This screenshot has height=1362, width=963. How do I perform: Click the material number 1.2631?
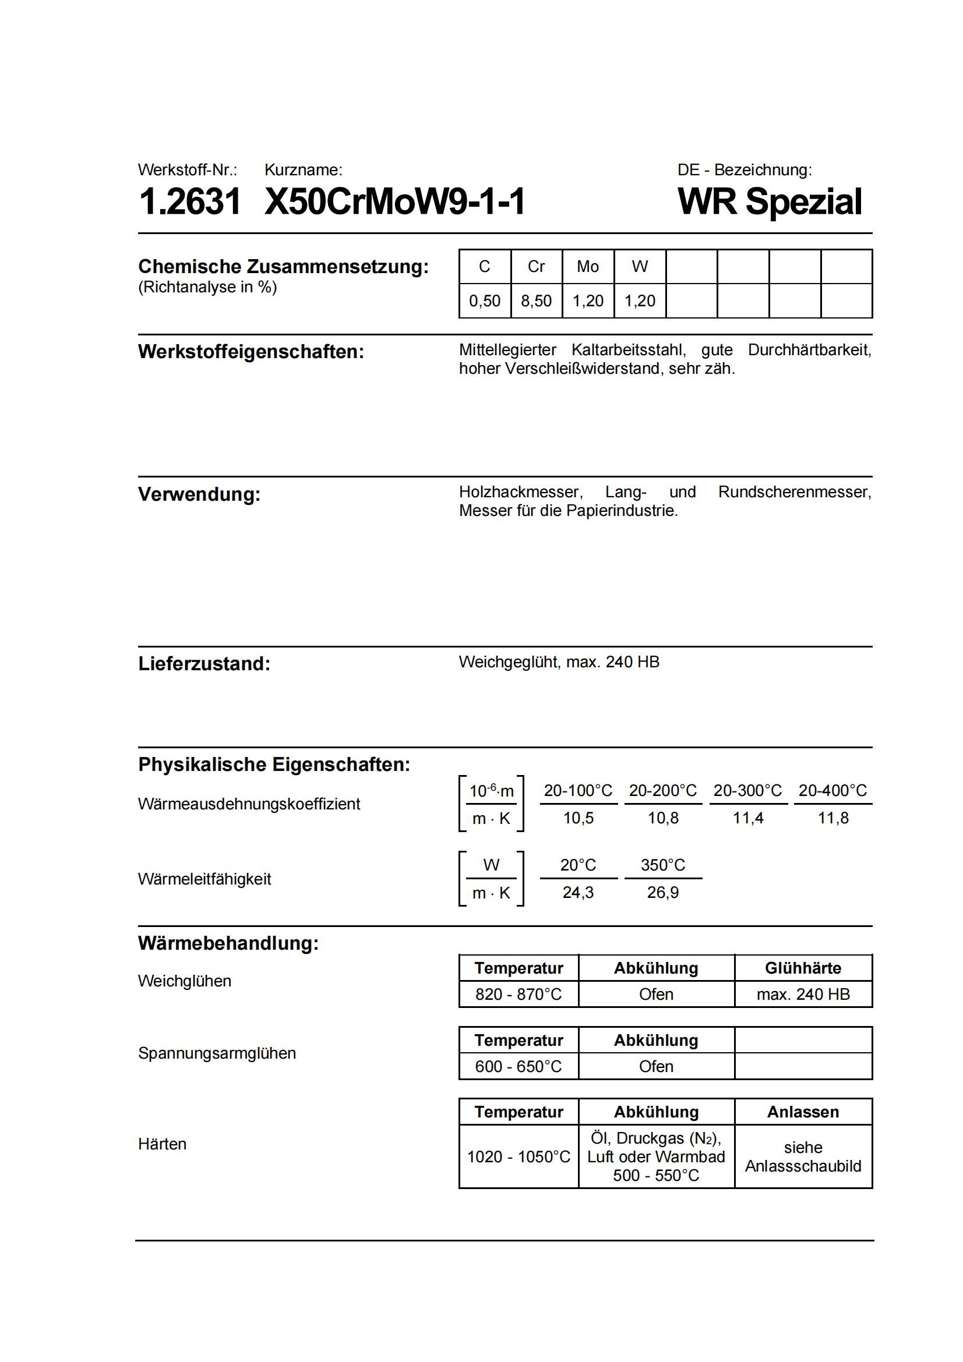point(190,201)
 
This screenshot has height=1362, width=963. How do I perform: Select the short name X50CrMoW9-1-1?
point(394,201)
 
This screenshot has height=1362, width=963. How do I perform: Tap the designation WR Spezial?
point(769,201)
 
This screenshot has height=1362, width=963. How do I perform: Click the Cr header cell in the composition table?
point(536,267)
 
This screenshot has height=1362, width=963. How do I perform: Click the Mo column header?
point(587,267)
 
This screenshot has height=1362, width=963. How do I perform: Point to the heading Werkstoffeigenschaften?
point(251,352)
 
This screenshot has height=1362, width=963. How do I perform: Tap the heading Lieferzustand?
point(204,664)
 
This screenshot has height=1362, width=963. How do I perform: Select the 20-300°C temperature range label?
point(747,791)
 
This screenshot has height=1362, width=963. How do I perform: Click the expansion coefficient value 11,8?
point(833,818)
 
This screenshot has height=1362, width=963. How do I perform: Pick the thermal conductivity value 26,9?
point(663,893)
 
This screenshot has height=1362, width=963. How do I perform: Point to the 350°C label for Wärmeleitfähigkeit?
point(663,865)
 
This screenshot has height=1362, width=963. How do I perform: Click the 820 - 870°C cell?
point(518,994)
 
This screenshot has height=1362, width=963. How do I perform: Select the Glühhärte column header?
point(803,968)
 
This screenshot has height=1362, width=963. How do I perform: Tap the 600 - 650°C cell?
point(518,1067)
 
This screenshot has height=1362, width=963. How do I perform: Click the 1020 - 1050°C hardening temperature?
point(518,1157)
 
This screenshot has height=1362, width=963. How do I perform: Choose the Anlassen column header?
point(803,1112)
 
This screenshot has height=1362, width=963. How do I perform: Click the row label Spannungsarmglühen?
point(217,1053)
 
